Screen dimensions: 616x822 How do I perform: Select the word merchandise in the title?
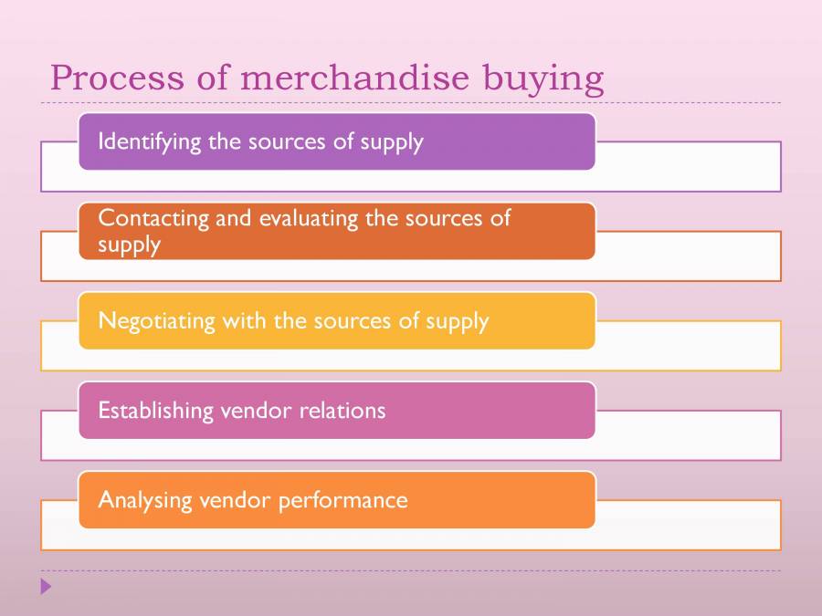[x=353, y=78]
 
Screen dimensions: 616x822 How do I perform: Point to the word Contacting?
[x=141, y=219]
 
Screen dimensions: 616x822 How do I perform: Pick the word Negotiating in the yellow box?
[x=144, y=322]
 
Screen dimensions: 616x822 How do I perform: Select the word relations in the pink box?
[x=342, y=411]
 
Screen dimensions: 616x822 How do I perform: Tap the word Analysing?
[x=142, y=501]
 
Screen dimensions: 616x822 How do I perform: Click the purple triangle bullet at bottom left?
[x=47, y=587]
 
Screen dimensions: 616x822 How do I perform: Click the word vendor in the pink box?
[x=256, y=411]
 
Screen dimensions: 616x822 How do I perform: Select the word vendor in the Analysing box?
[x=231, y=501]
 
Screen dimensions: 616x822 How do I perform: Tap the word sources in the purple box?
[x=291, y=142]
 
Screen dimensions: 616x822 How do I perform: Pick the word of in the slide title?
[x=214, y=78]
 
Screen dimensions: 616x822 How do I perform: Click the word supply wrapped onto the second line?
[x=129, y=245]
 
